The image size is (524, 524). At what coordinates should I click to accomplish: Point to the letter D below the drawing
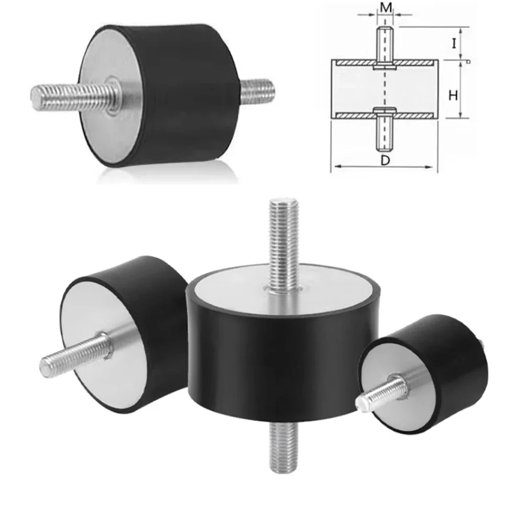385,161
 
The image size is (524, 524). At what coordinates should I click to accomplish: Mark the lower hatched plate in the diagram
356,114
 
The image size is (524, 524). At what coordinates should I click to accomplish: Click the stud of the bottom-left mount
73,356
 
